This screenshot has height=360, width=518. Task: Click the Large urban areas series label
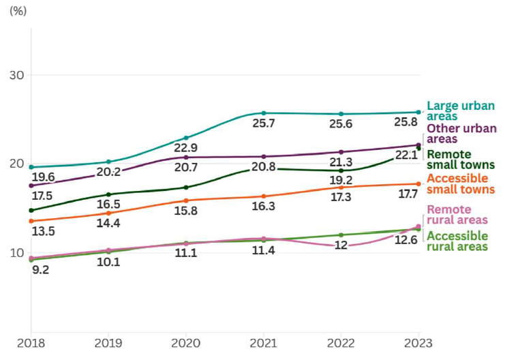(x=461, y=111)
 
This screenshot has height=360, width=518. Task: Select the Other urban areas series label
(x=461, y=134)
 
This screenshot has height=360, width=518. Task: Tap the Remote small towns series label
(x=461, y=160)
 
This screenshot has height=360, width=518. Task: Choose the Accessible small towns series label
(x=460, y=183)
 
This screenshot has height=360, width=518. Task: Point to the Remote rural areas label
(x=457, y=215)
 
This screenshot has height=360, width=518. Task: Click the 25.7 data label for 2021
(x=263, y=124)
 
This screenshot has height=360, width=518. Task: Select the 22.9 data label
(x=186, y=149)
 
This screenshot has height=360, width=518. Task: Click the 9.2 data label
(x=40, y=269)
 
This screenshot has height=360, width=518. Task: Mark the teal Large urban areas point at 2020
(x=186, y=138)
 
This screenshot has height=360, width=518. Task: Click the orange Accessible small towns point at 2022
(x=341, y=187)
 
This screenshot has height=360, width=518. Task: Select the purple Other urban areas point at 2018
(x=31, y=185)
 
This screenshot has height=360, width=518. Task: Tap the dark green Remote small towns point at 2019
(x=108, y=194)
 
